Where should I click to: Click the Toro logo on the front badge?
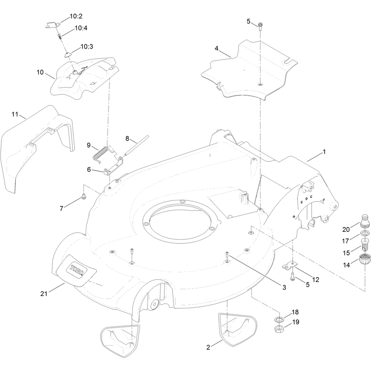(x=77, y=270)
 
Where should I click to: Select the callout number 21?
(x=44, y=294)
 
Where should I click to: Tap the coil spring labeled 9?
(x=100, y=154)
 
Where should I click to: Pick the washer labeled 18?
(x=279, y=320)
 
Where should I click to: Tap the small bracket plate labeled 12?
(x=289, y=265)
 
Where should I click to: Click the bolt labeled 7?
(x=83, y=196)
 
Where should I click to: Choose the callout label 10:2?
(x=76, y=16)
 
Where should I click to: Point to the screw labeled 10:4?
(x=59, y=37)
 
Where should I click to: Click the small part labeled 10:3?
(x=67, y=55)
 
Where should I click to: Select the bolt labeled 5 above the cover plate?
(x=260, y=26)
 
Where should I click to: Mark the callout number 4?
(x=217, y=48)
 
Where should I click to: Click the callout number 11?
(x=15, y=114)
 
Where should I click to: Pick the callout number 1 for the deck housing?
(x=324, y=152)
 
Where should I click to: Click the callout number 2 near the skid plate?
(x=208, y=347)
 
